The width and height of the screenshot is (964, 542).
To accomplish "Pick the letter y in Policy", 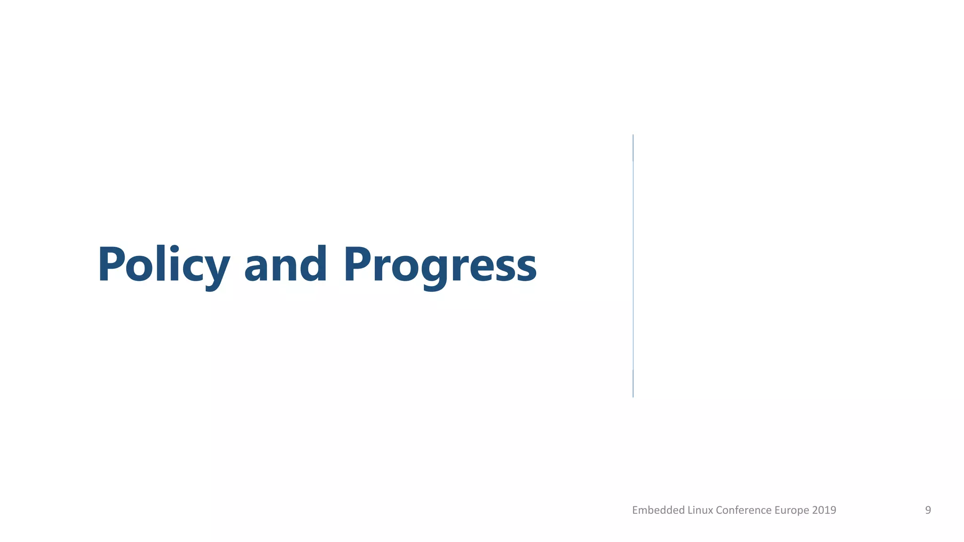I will click(216, 271).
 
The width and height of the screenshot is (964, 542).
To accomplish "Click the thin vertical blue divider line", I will click(633, 266).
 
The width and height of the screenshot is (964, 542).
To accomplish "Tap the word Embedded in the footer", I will click(658, 510).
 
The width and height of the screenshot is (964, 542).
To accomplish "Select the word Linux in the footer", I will click(700, 510).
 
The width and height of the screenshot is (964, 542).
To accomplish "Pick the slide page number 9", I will click(928, 510).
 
